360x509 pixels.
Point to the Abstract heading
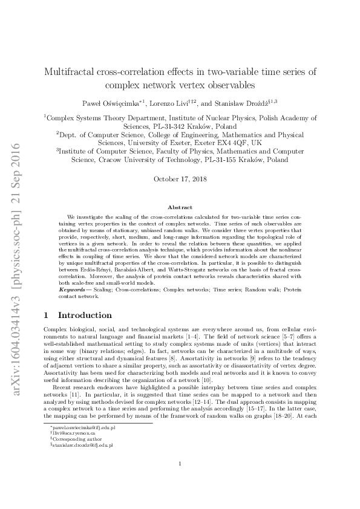click(x=180, y=207)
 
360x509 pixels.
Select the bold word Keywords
click(x=80, y=291)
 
